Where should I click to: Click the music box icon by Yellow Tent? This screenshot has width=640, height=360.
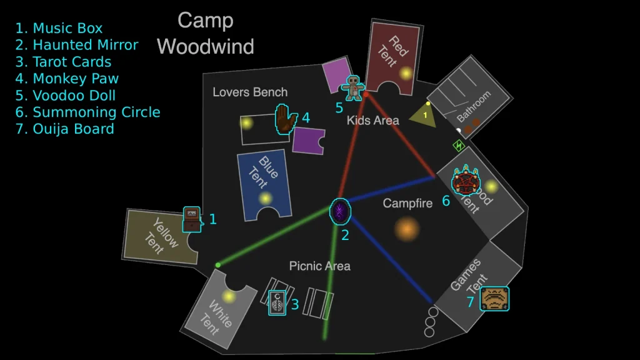192,219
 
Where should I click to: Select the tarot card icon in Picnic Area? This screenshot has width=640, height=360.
277,303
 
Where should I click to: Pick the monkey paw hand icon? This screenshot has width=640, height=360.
286,119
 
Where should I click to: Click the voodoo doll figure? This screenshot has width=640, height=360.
354,87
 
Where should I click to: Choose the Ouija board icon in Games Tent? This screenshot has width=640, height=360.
494,299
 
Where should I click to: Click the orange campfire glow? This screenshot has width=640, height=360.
407,229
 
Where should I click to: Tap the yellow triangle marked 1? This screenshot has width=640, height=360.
424,115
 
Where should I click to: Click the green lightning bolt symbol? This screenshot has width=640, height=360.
459,146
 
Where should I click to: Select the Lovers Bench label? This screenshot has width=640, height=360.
250,92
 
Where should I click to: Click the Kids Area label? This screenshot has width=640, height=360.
373,121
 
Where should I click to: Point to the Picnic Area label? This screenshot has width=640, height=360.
319,266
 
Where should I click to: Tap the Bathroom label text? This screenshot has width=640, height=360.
474,107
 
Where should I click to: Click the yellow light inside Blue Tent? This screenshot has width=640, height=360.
266,199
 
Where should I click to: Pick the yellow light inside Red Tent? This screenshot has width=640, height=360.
406,74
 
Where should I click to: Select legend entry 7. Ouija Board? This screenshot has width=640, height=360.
65,129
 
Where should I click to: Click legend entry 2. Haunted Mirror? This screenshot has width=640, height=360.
77,45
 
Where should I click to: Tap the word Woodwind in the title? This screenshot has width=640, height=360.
206,46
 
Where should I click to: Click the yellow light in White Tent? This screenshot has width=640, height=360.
229,296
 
